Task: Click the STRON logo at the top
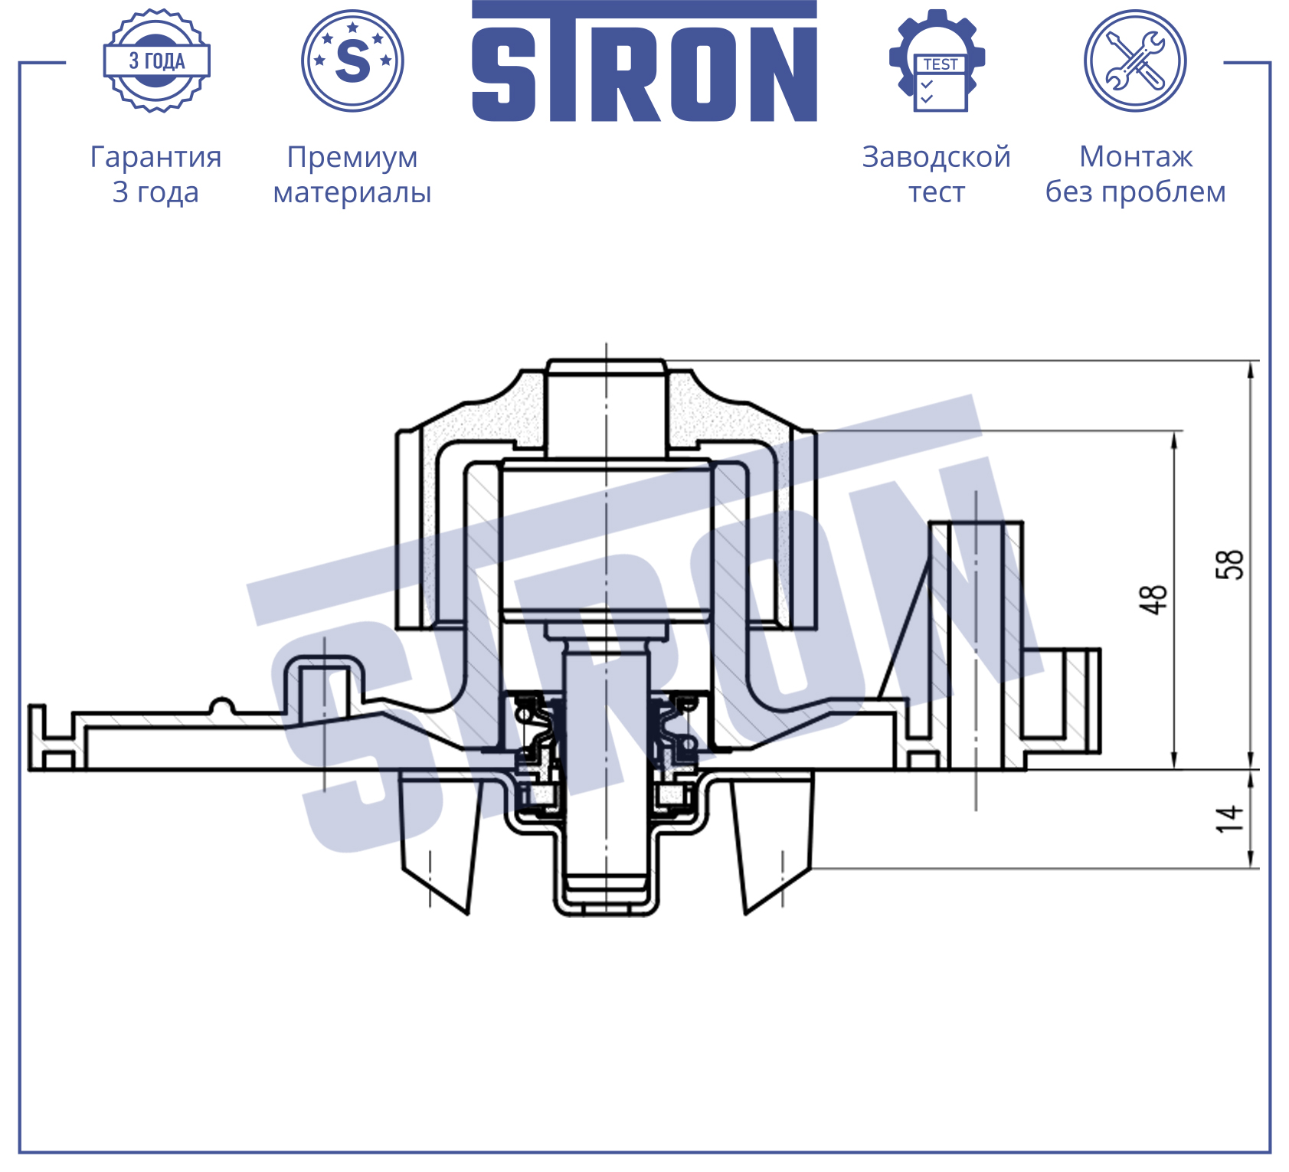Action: tap(644, 61)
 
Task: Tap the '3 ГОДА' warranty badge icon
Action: tap(157, 61)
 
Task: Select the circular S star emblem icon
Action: tap(352, 61)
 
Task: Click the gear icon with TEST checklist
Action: tap(937, 61)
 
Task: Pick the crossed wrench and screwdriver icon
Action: tap(1135, 61)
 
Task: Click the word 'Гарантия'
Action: tap(156, 158)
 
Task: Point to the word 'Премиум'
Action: tap(352, 158)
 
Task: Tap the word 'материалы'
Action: tap(352, 193)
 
